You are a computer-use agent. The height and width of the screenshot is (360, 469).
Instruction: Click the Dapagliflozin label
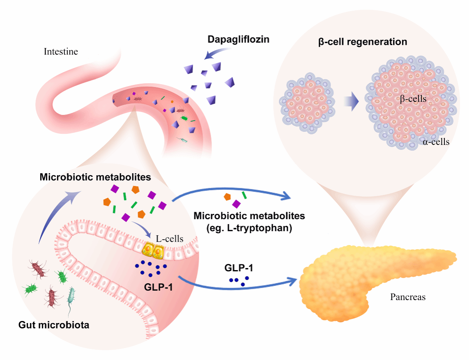[x=238, y=40]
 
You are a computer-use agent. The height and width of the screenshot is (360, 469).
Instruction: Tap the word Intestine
[x=61, y=52]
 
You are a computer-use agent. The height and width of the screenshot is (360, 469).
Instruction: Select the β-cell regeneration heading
[x=363, y=42]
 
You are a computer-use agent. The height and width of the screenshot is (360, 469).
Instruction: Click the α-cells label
[x=436, y=142]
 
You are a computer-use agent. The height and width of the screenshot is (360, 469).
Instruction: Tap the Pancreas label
[x=407, y=297]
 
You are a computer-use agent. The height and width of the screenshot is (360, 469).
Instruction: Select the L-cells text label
[x=170, y=238]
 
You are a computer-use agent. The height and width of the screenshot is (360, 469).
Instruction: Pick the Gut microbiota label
[x=54, y=326]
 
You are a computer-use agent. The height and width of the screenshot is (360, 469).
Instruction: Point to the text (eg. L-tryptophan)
[x=249, y=229]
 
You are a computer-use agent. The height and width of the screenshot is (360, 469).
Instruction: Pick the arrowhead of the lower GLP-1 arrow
[x=292, y=282]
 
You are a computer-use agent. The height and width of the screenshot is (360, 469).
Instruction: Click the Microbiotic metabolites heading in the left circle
[x=95, y=177]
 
